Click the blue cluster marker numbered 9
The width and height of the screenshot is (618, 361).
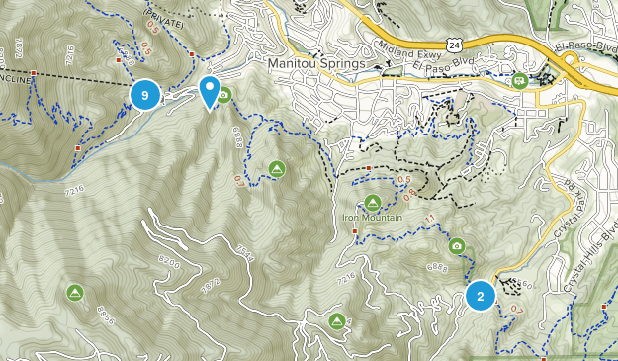coord(145,95)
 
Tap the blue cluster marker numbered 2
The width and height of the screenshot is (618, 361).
coord(481,296)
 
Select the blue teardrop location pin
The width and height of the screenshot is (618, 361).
coord(210,91)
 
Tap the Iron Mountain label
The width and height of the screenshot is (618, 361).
coord(372,218)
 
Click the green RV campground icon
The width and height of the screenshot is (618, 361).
coord(520,81)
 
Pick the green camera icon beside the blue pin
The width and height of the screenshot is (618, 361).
coord(224,96)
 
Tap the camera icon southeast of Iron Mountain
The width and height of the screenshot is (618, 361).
coord(456,245)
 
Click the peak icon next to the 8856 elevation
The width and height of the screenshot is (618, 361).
coord(75,292)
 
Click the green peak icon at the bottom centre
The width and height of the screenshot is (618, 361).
coord(337,321)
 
